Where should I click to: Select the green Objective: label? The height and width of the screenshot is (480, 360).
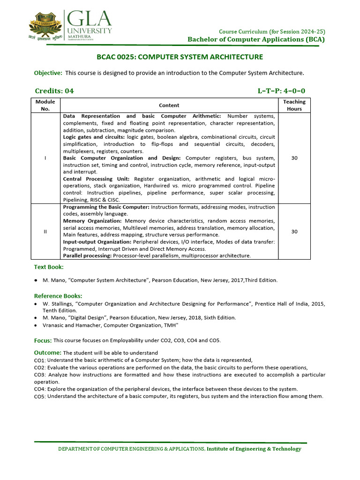[48, 73]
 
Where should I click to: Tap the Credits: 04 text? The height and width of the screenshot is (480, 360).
[54, 91]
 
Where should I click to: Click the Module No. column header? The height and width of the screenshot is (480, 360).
[45, 105]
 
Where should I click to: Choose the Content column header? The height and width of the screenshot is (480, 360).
[169, 105]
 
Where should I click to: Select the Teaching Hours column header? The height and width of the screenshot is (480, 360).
[294, 105]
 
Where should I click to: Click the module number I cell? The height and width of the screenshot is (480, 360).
[45, 158]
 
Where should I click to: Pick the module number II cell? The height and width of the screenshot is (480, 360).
[45, 232]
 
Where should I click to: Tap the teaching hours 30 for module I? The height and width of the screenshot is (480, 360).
[294, 158]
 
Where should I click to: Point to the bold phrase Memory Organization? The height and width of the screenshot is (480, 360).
[92, 221]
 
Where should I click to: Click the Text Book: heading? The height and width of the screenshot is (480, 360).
[49, 267]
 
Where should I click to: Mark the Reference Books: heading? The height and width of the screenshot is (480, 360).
[58, 296]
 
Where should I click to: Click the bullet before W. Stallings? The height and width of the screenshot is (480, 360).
[36, 304]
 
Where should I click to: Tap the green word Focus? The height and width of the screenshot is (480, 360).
[43, 340]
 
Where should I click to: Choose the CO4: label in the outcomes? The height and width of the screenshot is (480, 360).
[40, 389]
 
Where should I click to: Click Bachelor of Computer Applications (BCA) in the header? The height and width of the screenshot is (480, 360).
[256, 39]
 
